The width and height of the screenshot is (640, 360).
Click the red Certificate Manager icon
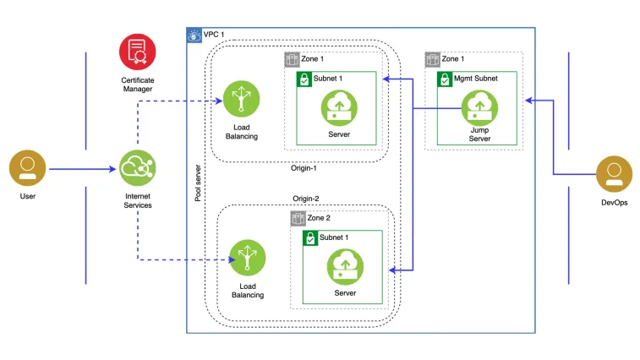(x=136, y=52)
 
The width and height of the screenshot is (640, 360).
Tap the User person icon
(x=27, y=168)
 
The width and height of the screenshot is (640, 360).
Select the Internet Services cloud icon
(x=136, y=168)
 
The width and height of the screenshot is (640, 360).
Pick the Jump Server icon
(x=479, y=106)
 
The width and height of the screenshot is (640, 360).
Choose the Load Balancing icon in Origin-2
(x=247, y=258)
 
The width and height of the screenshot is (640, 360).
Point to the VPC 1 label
(x=214, y=35)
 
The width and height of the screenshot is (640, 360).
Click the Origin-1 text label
(x=304, y=167)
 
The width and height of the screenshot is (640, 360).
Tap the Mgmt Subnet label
(x=478, y=79)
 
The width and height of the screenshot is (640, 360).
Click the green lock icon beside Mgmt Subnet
(x=444, y=79)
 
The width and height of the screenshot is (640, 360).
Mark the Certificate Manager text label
(x=136, y=85)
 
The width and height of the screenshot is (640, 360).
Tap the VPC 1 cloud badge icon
(x=194, y=35)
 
